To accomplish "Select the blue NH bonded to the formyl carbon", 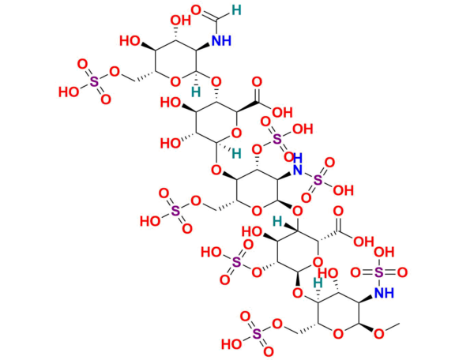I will [222, 39].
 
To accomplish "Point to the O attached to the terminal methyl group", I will [378, 333].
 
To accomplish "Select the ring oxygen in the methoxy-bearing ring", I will [337, 333].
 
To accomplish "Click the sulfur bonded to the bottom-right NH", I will [379, 272].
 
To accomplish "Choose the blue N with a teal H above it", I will [298, 170].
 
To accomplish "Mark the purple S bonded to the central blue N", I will [318, 180].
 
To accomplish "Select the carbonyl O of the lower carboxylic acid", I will [338, 211].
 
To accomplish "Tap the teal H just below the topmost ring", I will [196, 92].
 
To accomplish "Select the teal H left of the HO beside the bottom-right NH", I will [316, 281].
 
